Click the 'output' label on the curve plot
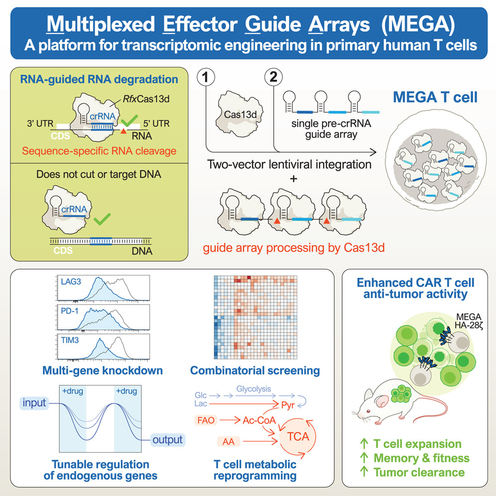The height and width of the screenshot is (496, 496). click(167, 440)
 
